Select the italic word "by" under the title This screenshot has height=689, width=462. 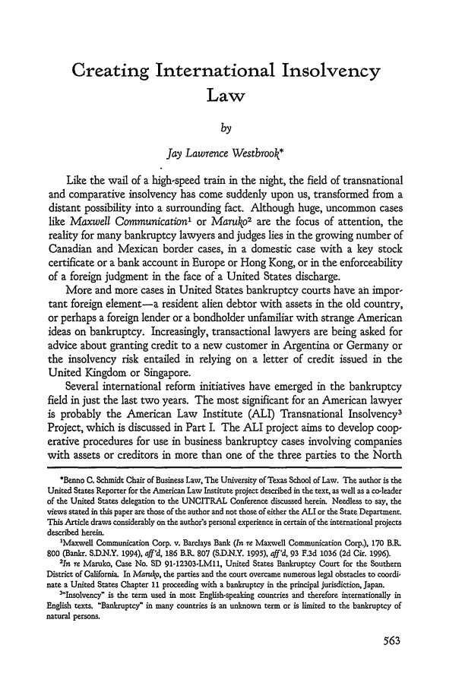click(230, 138)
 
